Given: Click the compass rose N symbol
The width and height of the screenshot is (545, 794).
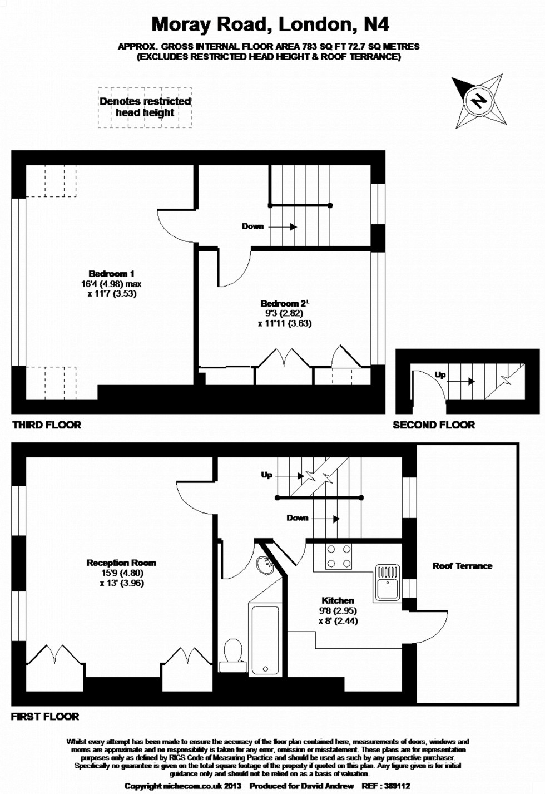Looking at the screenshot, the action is [x=479, y=101].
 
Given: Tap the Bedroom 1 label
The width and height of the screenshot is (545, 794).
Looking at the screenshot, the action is [x=111, y=274].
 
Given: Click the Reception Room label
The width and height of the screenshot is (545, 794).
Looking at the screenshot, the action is [x=121, y=563].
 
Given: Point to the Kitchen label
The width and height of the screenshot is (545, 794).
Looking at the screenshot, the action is [x=338, y=600].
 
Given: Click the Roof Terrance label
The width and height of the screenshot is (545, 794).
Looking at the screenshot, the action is [x=462, y=566].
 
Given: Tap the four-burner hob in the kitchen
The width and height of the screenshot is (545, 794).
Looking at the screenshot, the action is [x=339, y=556].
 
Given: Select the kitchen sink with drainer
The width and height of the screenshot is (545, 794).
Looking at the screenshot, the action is [x=388, y=583].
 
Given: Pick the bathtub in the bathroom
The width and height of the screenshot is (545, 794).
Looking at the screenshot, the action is [x=265, y=640].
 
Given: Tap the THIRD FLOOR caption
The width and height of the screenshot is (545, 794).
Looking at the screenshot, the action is [x=47, y=425].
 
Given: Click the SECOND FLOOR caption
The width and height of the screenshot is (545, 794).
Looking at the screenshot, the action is [x=434, y=425].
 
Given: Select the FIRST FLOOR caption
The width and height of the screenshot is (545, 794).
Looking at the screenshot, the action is [x=45, y=717].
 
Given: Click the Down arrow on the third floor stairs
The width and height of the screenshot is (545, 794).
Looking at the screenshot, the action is [x=283, y=226].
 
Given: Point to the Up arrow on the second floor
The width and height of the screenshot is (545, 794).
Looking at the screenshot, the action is [x=460, y=381].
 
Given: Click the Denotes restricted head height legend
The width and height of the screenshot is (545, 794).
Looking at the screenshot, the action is [x=145, y=107].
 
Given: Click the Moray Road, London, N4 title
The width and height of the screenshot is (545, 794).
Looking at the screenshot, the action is [x=271, y=25].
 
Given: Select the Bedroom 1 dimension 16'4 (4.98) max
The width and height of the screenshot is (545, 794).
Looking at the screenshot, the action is [x=111, y=284].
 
